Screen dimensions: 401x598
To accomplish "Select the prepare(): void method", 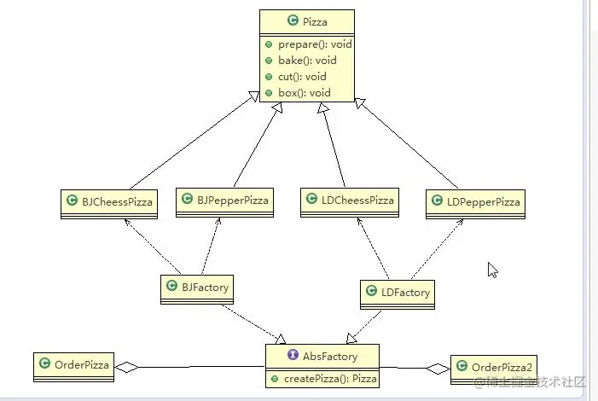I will (315, 44).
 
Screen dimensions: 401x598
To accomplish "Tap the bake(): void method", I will (307, 60).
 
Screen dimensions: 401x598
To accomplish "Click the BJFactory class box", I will (197, 288).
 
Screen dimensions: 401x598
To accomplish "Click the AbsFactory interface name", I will (329, 356).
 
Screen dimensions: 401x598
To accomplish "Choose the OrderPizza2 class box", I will (495, 368).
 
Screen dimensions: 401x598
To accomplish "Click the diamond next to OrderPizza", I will (126, 367).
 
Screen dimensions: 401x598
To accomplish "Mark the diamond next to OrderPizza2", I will (438, 369).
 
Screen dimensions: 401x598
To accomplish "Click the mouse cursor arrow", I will (492, 270).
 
